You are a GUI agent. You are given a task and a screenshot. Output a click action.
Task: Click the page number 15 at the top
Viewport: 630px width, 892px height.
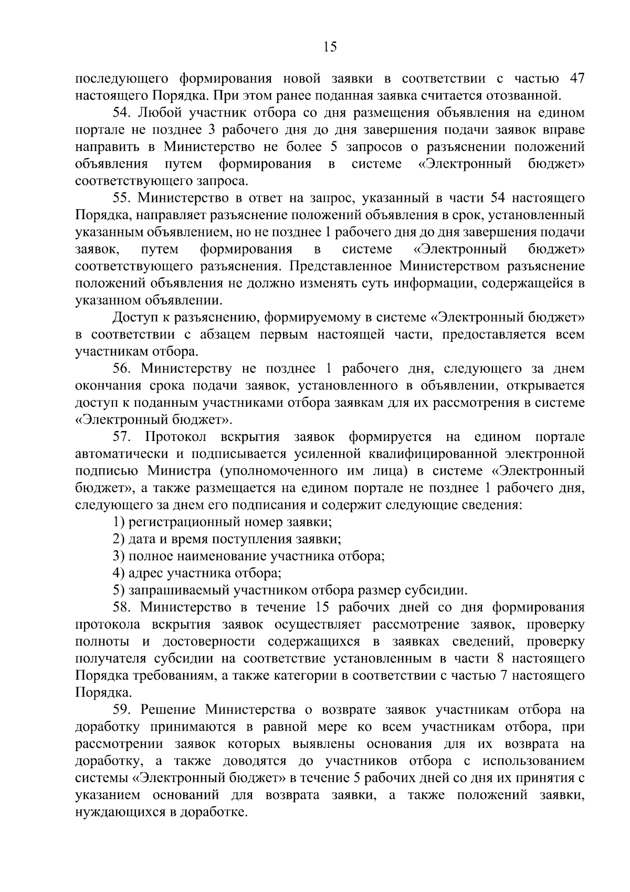330,47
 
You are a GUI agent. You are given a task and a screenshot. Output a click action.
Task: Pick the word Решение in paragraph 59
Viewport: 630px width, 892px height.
170,710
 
